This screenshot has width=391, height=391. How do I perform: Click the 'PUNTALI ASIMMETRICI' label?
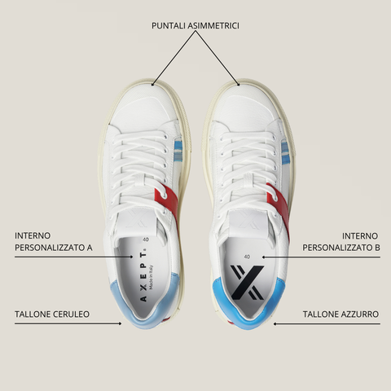point(195,26)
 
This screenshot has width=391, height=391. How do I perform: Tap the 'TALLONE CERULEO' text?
point(52,314)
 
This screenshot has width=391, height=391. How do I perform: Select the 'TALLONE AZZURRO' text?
point(340,314)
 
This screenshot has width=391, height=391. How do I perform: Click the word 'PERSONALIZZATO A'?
point(54,248)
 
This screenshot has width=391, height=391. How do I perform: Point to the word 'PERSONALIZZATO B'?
point(341,248)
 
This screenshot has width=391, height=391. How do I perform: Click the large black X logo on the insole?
point(247,283)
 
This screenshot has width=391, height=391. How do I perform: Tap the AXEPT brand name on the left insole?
point(143,277)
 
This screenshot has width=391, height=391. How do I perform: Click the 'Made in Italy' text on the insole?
point(151,277)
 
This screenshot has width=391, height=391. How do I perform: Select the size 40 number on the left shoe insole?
point(146,239)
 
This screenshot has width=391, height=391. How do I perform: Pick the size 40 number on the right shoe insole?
point(247,257)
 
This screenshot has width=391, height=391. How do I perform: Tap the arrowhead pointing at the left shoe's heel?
point(120,323)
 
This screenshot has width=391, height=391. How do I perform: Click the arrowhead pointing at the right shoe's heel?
point(275,323)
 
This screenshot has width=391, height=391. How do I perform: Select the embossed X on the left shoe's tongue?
point(138,218)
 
